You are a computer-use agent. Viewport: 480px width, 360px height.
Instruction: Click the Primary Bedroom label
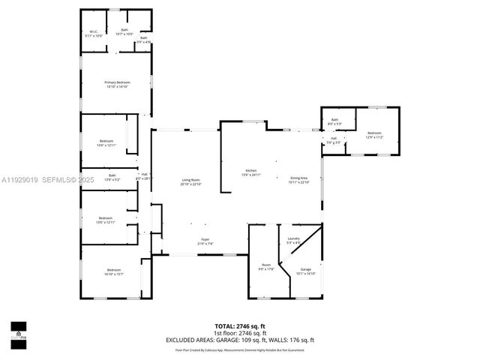coord(117,84)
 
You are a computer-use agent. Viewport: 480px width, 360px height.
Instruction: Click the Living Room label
coord(190,181)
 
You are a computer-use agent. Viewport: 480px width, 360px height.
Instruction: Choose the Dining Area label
coord(299,179)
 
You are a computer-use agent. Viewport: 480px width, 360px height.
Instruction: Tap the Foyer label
coord(205,241)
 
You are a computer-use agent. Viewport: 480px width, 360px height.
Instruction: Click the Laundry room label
coord(293,240)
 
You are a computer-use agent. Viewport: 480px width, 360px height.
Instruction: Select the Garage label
coord(306,271)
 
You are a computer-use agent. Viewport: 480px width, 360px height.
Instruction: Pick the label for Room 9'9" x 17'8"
coord(266,266)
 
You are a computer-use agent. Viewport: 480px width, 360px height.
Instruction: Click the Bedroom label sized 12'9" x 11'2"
coord(374,136)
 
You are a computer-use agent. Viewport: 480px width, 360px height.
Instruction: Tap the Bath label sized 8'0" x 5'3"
coord(334,121)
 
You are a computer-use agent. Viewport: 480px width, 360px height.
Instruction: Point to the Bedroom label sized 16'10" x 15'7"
coord(113,271)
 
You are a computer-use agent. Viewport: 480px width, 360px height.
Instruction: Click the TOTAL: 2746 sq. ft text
coord(239,326)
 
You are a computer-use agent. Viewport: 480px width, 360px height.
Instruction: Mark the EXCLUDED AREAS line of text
coord(239,340)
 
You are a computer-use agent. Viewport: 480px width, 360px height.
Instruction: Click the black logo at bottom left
coord(18,331)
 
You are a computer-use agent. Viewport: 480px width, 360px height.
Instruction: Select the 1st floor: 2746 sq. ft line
coord(239,333)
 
